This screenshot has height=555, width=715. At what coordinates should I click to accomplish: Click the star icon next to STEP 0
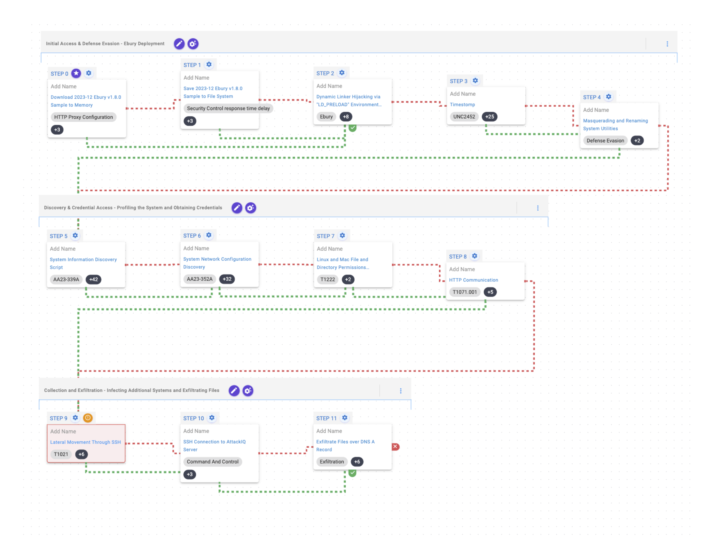(76, 73)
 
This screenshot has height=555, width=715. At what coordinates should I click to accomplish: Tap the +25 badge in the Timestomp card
(489, 117)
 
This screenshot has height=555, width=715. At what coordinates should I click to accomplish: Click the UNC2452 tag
(464, 117)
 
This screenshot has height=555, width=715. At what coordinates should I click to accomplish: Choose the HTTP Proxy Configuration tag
(83, 117)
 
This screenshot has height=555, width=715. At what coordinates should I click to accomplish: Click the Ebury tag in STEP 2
(326, 117)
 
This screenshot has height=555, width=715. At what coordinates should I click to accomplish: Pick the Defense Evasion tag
(605, 140)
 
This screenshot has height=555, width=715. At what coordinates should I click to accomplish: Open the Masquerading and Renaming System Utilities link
(615, 125)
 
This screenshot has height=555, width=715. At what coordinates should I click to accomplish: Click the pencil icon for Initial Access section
(179, 44)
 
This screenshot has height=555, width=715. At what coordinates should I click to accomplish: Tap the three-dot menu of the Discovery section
(538, 208)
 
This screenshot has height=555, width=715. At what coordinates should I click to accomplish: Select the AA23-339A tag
(66, 280)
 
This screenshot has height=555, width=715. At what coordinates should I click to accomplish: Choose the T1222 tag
(327, 280)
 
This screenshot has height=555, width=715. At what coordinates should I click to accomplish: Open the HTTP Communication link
(473, 280)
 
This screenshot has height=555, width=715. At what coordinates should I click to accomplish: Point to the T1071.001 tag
(465, 292)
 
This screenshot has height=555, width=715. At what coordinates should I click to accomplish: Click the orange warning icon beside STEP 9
(88, 418)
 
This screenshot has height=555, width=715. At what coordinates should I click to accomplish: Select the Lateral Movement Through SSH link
(85, 442)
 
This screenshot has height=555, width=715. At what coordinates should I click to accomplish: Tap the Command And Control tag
(213, 462)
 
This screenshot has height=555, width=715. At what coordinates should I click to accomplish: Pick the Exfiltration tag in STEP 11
(332, 462)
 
